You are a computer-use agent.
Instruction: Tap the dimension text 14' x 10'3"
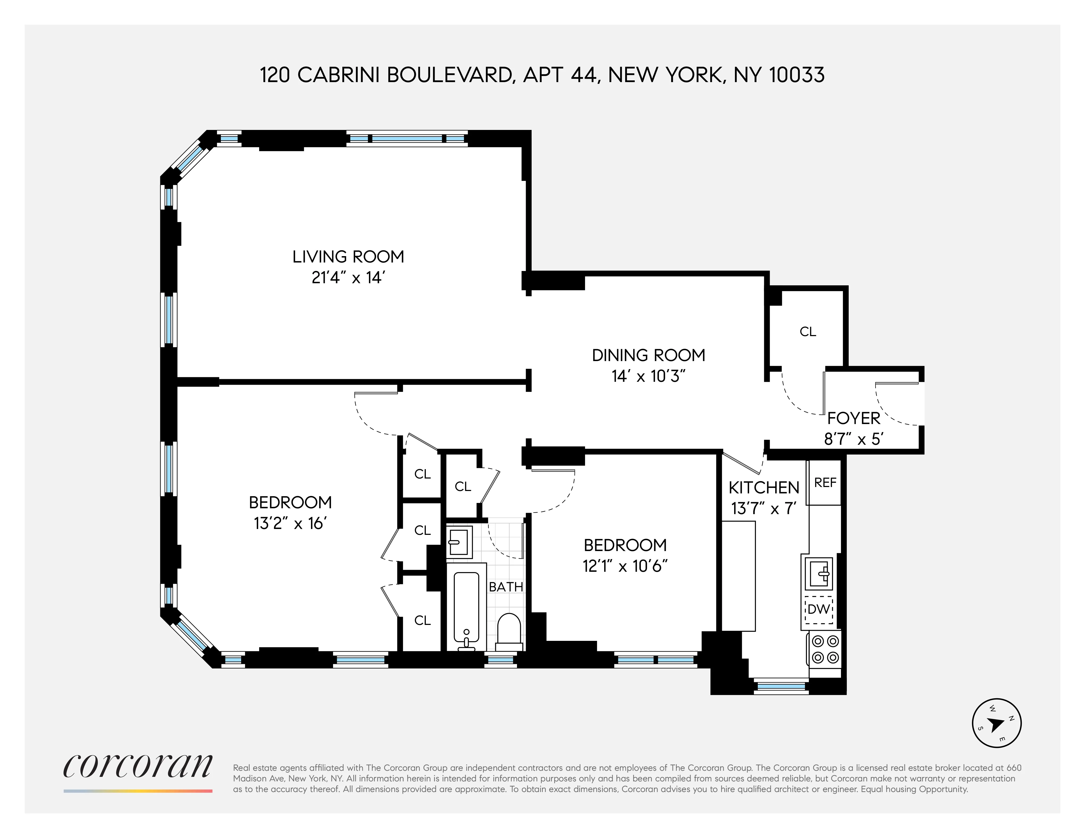click(648, 376)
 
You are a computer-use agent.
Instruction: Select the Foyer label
click(853, 418)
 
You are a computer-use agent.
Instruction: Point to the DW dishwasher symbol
click(818, 608)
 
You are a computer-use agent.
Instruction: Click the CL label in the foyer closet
click(808, 332)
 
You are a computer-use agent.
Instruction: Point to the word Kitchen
click(764, 488)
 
